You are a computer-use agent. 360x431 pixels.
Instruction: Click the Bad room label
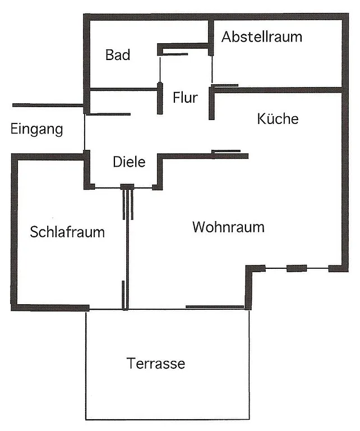(118, 55)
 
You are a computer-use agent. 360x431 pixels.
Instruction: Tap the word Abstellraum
(261, 37)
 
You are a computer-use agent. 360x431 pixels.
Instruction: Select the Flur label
(185, 98)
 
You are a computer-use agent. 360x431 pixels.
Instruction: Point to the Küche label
(278, 119)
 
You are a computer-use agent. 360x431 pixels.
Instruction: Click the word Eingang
(36, 130)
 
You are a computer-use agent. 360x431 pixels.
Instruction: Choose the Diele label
(129, 162)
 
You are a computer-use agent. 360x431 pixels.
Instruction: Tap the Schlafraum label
(67, 232)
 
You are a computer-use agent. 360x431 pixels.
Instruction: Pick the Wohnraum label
(228, 227)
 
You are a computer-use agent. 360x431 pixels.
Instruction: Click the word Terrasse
(156, 364)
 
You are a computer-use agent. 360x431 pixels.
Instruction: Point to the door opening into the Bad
(174, 54)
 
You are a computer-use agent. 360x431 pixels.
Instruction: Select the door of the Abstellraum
(224, 86)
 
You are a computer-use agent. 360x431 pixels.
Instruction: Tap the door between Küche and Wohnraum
(227, 152)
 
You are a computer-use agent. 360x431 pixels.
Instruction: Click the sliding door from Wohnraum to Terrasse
(215, 307)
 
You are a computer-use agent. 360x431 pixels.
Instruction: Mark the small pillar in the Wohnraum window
(297, 268)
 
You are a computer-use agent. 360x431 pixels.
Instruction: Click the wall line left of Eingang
(48, 105)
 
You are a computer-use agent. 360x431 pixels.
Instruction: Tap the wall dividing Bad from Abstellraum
(211, 38)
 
